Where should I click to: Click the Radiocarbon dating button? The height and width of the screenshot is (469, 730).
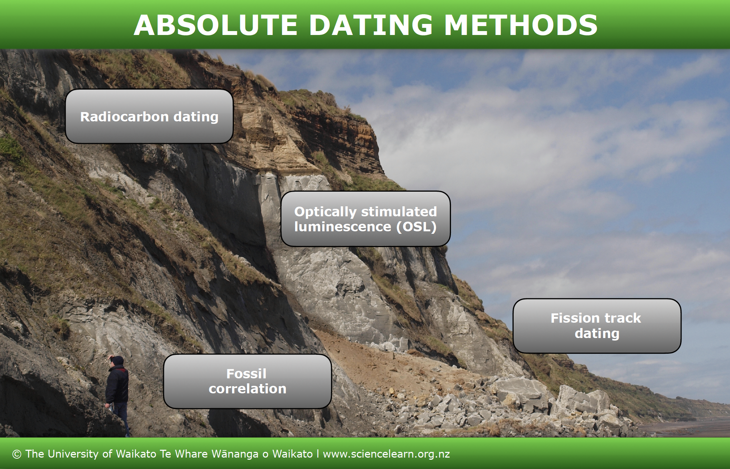pyautogui.click(x=149, y=116)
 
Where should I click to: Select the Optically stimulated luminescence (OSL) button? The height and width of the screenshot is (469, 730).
pyautogui.click(x=365, y=219)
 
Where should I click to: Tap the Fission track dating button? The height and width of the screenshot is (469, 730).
pyautogui.click(x=597, y=326)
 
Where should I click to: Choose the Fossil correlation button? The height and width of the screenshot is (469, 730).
pyautogui.click(x=247, y=381)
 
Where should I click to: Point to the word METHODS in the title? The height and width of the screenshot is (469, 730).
pyautogui.click(x=521, y=25)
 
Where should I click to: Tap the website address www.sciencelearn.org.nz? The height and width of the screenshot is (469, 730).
pyautogui.click(x=386, y=454)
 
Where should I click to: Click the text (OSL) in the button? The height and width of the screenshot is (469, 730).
pyautogui.click(x=416, y=227)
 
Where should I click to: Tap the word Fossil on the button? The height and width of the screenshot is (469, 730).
pyautogui.click(x=246, y=374)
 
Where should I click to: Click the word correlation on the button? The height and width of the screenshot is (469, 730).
pyautogui.click(x=247, y=389)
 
